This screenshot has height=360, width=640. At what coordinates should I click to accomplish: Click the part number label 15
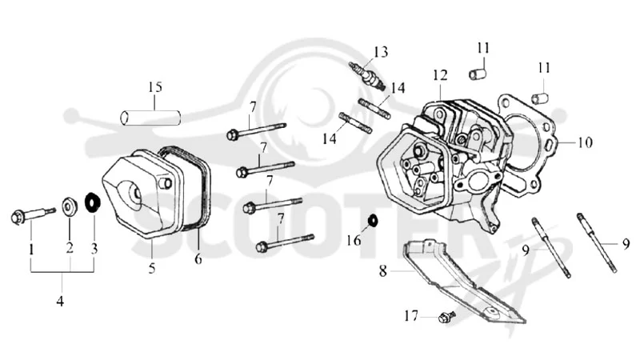(155, 87)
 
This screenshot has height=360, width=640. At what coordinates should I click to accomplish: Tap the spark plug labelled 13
(367, 75)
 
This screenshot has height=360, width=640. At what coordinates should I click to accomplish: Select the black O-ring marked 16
(372, 221)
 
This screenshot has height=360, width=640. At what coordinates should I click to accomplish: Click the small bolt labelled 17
(447, 316)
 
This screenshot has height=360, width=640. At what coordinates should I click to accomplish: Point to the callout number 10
(585, 142)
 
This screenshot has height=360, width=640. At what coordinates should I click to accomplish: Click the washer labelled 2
(70, 206)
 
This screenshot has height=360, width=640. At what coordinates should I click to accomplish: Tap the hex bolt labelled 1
(33, 214)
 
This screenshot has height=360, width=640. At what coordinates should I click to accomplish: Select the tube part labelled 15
(150, 118)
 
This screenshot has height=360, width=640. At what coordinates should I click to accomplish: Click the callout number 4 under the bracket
(60, 302)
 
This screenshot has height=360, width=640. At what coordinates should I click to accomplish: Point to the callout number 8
(382, 270)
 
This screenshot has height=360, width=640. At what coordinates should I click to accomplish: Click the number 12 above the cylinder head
(441, 75)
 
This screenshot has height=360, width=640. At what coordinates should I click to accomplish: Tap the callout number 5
(152, 268)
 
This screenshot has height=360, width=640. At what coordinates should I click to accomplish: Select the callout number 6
(198, 258)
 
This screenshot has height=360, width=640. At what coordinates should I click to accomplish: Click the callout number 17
(411, 315)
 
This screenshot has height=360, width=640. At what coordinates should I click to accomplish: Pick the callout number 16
(354, 241)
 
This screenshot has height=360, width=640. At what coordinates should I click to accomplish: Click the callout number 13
(381, 52)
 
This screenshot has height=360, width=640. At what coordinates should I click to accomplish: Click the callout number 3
(94, 248)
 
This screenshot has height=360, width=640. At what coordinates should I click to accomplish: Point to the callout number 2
(70, 247)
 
